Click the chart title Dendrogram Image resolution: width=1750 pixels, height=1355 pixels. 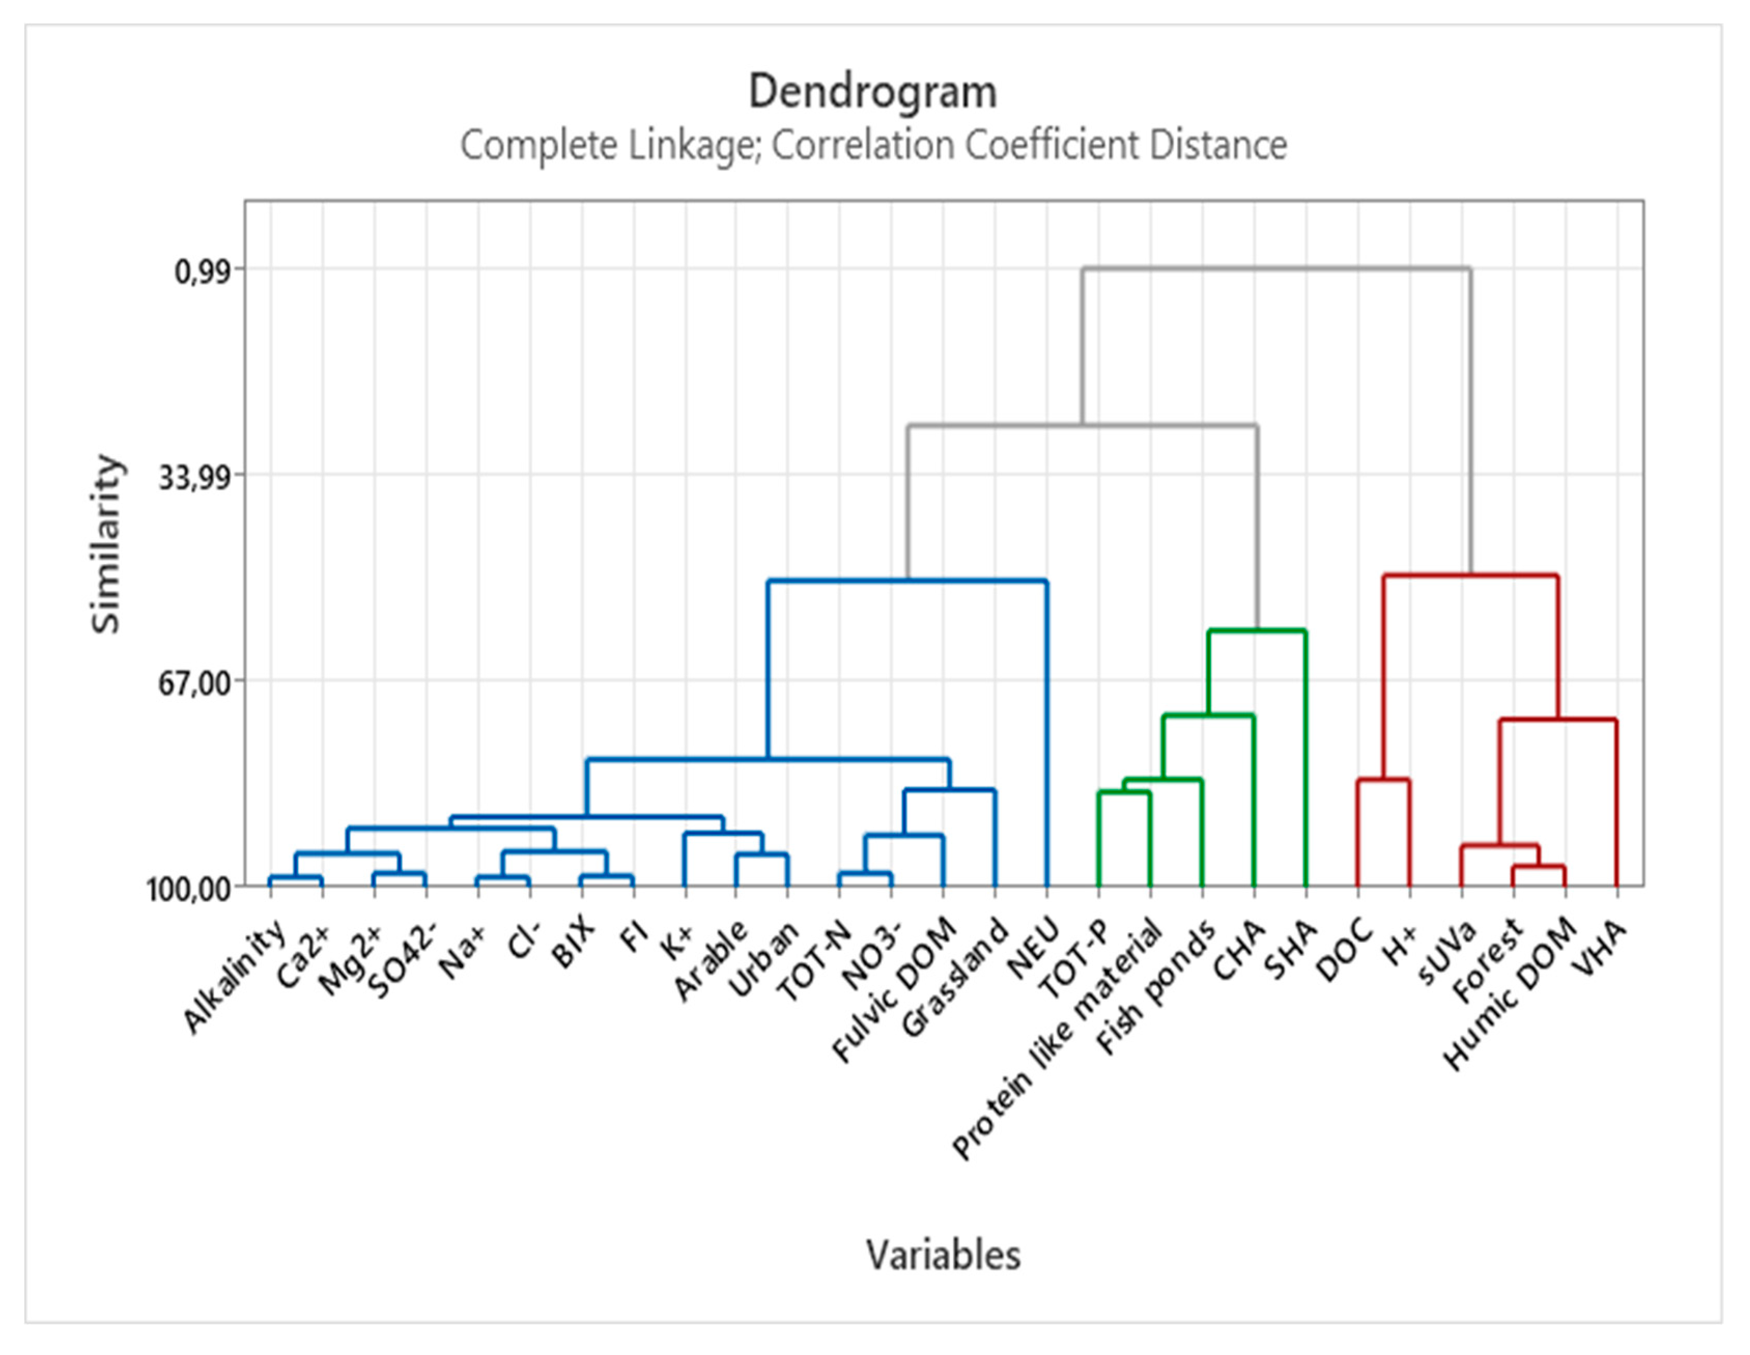(x=873, y=92)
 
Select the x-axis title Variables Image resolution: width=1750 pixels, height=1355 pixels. (x=943, y=1254)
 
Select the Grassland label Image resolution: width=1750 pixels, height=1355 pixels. (x=955, y=978)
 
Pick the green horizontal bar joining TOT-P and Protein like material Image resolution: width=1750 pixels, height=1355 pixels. (x=1123, y=792)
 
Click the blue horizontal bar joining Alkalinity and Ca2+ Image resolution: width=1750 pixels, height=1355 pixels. (x=296, y=877)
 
